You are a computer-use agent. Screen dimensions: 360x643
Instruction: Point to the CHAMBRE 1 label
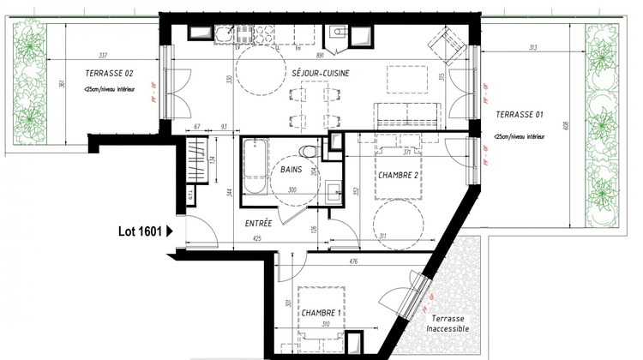pyautogui.click(x=321, y=314)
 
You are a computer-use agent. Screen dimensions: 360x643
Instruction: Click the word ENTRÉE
pyautogui.click(x=258, y=223)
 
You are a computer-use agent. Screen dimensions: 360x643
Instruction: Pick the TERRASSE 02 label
pyautogui.click(x=109, y=74)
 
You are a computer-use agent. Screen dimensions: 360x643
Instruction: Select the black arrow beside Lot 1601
pyautogui.click(x=170, y=231)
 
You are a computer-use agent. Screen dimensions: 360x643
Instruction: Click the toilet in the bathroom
pyautogui.click(x=310, y=152)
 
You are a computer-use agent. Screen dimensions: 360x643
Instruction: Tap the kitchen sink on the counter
pyautogui.click(x=225, y=35)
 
